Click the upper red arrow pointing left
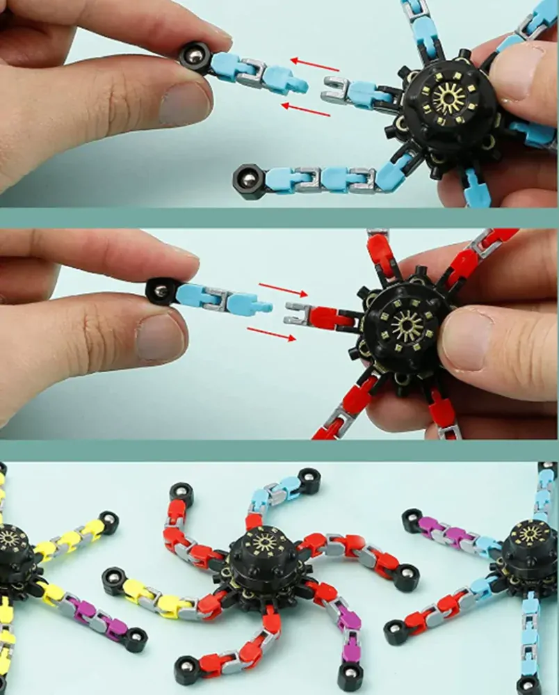315,65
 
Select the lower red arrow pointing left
305,109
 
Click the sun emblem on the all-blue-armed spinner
449,98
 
